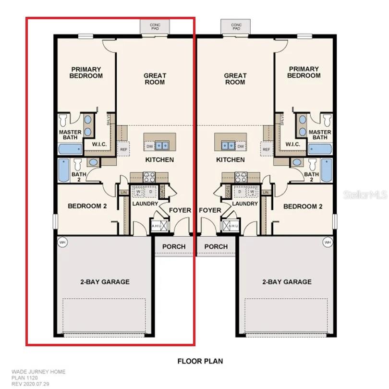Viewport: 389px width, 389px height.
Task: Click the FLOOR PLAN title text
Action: (200, 361)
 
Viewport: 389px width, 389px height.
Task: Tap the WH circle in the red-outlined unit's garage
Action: (62, 243)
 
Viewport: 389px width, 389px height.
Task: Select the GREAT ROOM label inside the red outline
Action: (155, 79)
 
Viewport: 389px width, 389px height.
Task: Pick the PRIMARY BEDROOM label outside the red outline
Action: (304, 73)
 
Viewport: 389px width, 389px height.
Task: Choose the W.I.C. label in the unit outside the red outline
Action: (293, 145)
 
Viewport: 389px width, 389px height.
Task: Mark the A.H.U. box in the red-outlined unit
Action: (158, 226)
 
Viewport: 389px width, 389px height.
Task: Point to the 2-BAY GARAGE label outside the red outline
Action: (287, 282)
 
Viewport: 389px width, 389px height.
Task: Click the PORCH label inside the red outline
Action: (173, 246)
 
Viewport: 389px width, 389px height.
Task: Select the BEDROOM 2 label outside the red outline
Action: (302, 206)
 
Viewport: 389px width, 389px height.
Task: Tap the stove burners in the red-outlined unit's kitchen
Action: (149, 177)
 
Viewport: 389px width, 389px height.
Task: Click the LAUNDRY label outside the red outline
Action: (245, 204)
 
